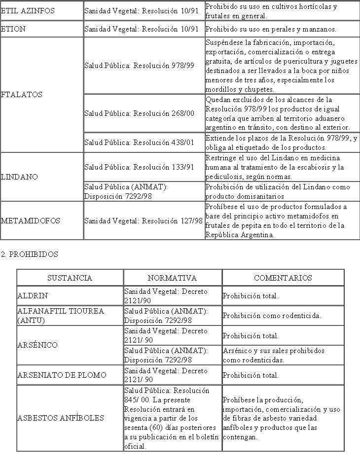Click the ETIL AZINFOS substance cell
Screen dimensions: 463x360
click(x=28, y=10)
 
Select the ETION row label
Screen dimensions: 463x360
click(x=13, y=29)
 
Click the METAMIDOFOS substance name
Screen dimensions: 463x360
click(x=31, y=221)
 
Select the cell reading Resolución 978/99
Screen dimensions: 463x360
click(x=139, y=65)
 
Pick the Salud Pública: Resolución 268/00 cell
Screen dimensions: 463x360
click(x=139, y=113)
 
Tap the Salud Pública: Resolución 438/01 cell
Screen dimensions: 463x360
click(x=139, y=142)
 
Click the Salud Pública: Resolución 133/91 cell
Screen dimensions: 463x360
click(x=139, y=167)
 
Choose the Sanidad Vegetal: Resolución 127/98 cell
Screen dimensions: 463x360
click(x=144, y=221)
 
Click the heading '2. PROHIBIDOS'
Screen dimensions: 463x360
click(x=29, y=254)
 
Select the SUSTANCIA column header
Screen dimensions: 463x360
click(x=70, y=278)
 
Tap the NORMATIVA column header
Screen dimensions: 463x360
click(x=172, y=278)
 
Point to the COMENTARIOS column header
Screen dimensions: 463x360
click(x=283, y=278)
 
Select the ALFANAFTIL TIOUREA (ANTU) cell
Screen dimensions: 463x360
click(x=61, y=316)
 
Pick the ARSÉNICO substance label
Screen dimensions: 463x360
click(x=37, y=345)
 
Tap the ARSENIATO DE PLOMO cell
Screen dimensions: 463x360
click(x=62, y=375)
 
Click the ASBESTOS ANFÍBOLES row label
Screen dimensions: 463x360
click(x=61, y=418)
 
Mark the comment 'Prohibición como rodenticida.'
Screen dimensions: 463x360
click(x=272, y=316)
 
